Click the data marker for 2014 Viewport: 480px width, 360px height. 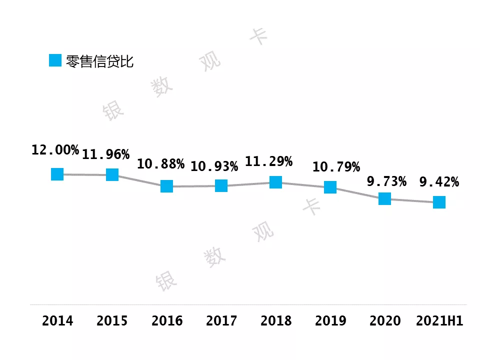57,174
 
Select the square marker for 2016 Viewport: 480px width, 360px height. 166,186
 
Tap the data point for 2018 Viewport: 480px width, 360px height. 275,182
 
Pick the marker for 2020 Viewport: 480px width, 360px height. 384,198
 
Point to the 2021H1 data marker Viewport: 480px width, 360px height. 439,202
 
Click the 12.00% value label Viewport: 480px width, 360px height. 55,150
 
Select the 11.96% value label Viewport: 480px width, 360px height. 105,154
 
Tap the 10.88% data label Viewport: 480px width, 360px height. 160,164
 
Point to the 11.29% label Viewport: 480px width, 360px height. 268,161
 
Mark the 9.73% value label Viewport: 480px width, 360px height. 386,181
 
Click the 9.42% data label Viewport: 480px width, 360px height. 439,182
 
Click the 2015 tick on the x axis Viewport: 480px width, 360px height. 112,320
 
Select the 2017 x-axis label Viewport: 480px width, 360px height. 221,320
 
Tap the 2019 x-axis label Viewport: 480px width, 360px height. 330,320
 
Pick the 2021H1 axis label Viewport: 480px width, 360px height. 439,320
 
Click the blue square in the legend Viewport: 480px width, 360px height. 55,60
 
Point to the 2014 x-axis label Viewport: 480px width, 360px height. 57,320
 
